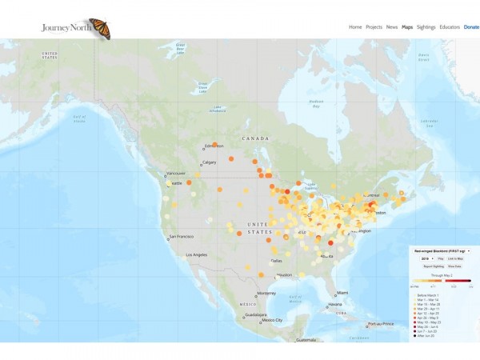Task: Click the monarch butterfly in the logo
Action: pos(99,28)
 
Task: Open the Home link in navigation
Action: pos(355,27)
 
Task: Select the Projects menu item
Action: pos(374,27)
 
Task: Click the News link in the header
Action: pos(392,27)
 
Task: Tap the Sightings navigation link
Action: pos(426,27)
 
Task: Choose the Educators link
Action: pos(450,27)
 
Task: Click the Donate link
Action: pos(472,27)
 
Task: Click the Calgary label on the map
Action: pos(210,162)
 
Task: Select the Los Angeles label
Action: pos(196,255)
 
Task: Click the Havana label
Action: pos(335,304)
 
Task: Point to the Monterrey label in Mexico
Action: pos(266,294)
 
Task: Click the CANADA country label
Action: pos(255,138)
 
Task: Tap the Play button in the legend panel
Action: pos(440,259)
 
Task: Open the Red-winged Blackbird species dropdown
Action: pos(439,251)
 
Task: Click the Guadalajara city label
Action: pos(257,315)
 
